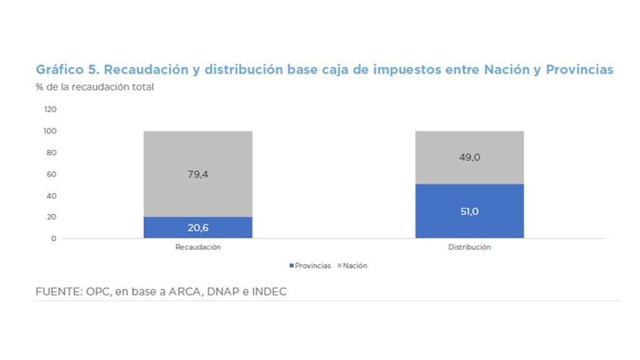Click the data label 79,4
click(197, 174)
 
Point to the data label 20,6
click(197, 227)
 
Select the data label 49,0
click(469, 157)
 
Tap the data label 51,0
click(469, 211)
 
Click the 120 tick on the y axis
click(50, 109)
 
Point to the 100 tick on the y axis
click(50, 131)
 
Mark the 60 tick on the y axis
click(52, 174)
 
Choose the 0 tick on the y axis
click(54, 239)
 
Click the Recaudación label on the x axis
click(197, 247)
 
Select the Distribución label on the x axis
click(469, 247)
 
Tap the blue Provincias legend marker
click(291, 266)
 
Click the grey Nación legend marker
click(339, 266)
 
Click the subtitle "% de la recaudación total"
click(94, 87)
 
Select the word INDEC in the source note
click(269, 292)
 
